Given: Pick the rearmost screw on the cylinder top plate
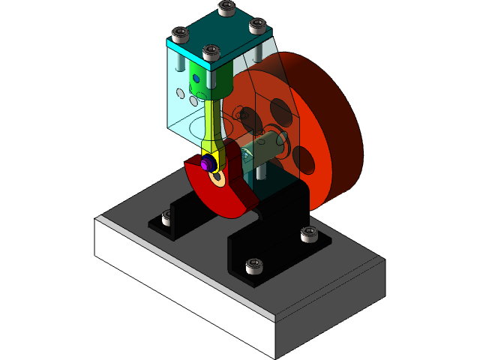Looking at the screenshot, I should [x=226, y=8].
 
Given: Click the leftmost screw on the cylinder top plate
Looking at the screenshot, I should [x=180, y=34].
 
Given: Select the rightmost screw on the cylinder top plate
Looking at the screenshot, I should [x=257, y=27].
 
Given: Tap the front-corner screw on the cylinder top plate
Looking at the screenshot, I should [x=212, y=53].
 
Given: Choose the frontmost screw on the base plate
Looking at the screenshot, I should [x=254, y=265].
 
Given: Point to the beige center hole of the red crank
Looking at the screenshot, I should [x=218, y=178].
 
